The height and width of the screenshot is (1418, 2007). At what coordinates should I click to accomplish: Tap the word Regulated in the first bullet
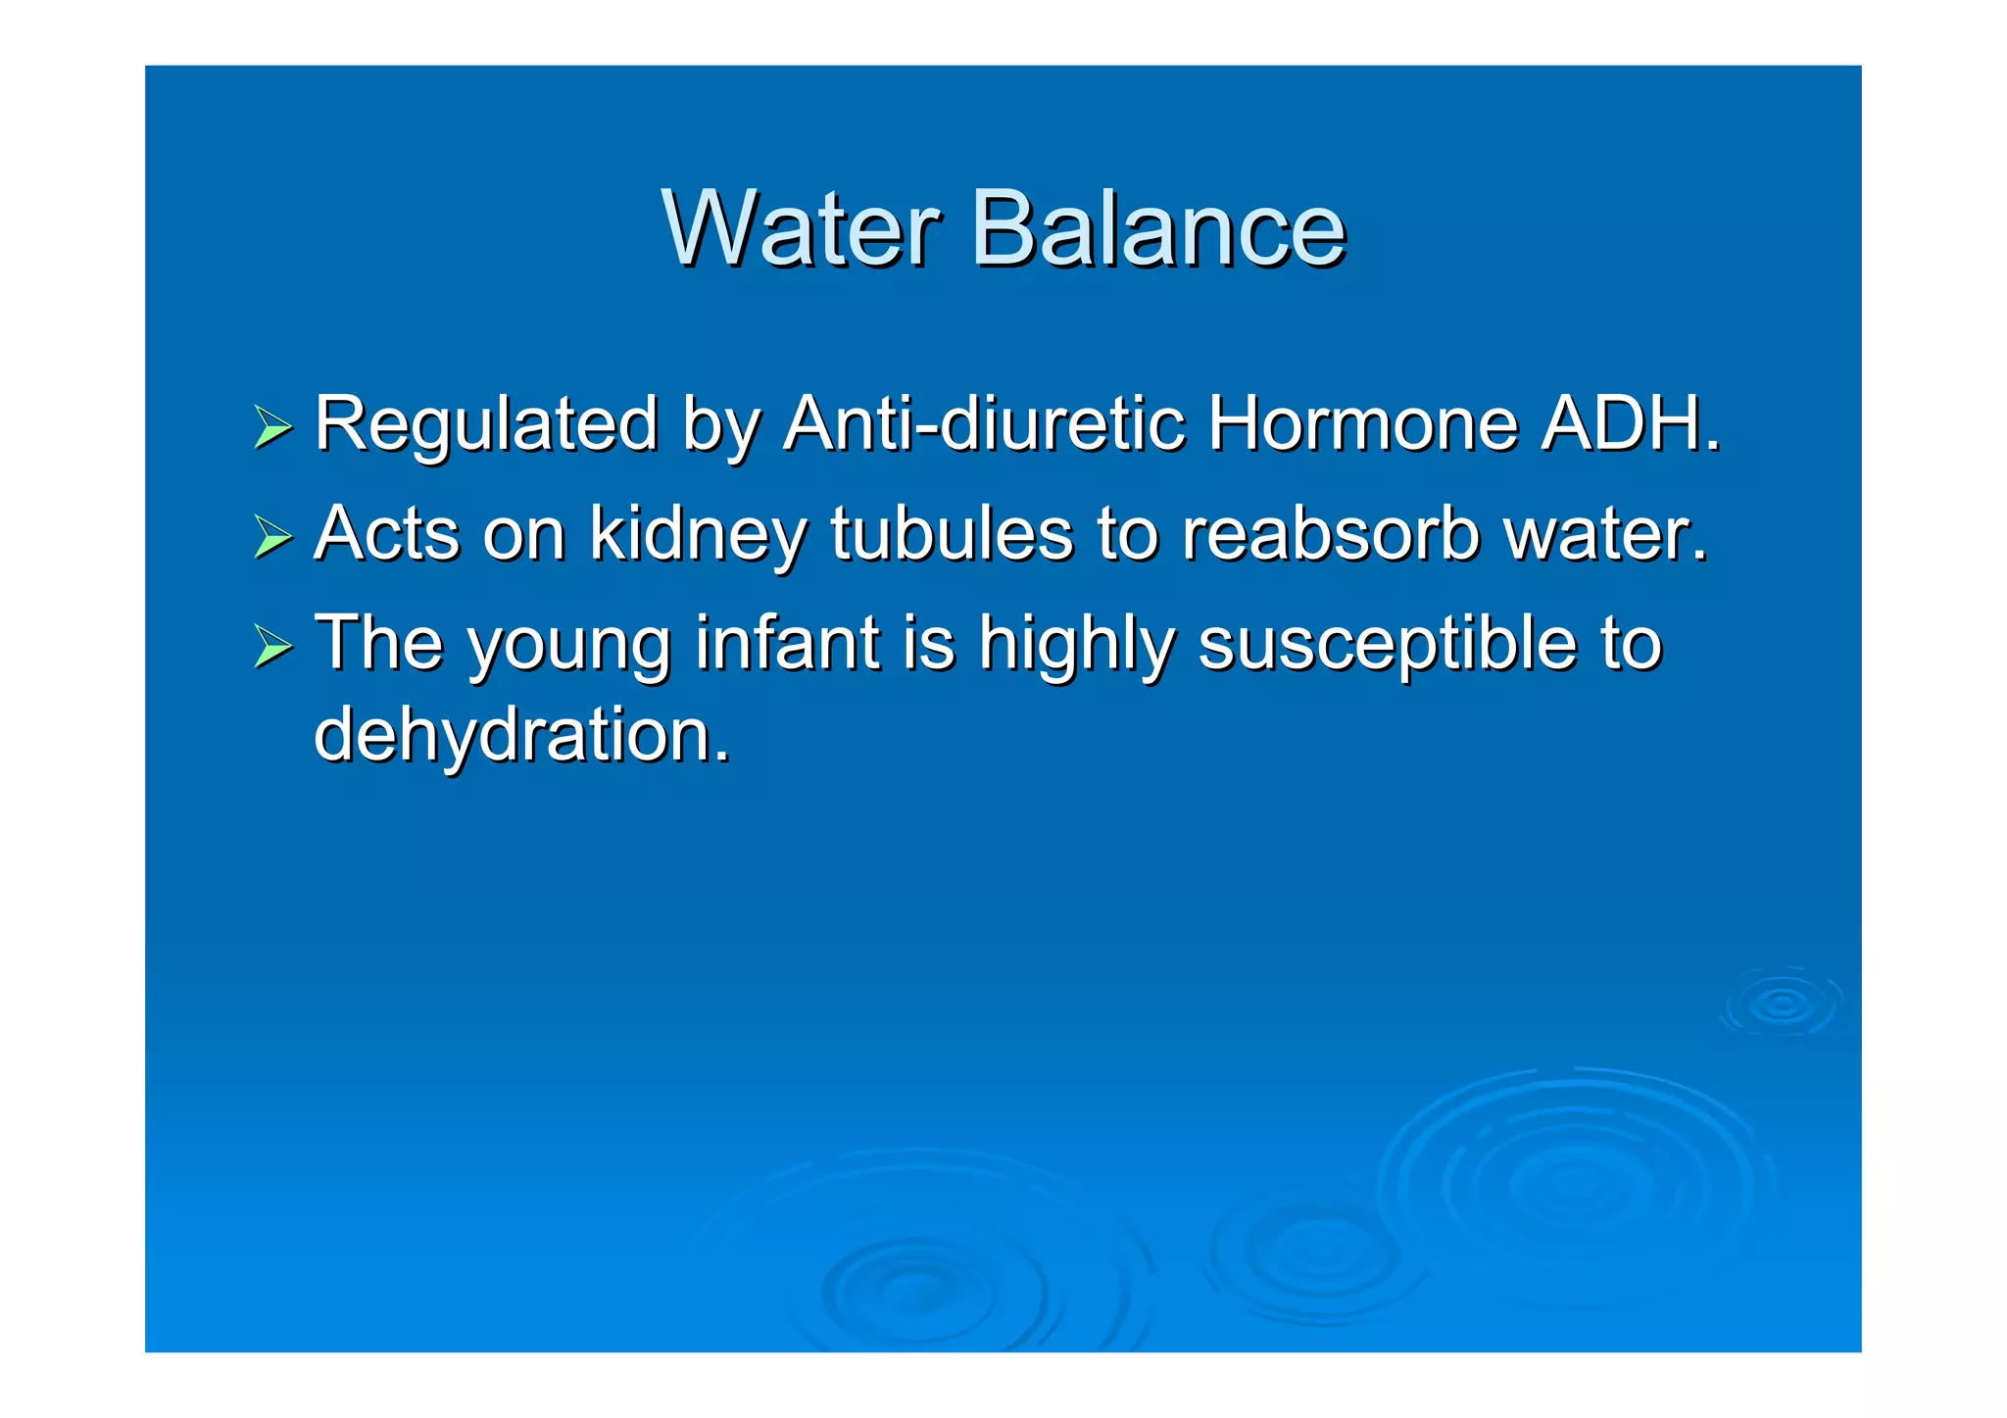pos(486,425)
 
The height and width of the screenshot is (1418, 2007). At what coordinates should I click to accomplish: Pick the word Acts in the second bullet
pos(386,534)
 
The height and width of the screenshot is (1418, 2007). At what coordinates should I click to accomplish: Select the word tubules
pos(952,534)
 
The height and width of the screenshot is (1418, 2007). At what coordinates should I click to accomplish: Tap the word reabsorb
pos(1330,534)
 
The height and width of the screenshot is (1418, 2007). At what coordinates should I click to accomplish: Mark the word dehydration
pos(521,736)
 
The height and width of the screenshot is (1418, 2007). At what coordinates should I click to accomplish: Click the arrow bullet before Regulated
pos(272,427)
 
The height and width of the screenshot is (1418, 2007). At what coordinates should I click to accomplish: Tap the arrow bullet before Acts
pos(272,537)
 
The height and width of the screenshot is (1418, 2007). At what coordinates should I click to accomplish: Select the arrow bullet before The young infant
pos(272,647)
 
